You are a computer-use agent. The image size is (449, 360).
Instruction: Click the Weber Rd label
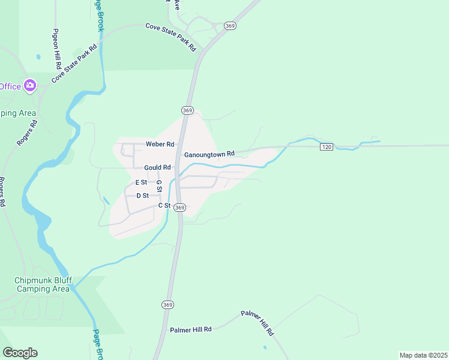(x=160, y=145)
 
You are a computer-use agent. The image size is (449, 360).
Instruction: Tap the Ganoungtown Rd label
(x=209, y=154)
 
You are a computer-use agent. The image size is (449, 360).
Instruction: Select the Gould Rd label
(x=157, y=167)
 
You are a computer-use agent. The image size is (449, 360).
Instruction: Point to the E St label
(x=141, y=182)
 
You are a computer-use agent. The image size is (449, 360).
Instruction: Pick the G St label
(x=159, y=186)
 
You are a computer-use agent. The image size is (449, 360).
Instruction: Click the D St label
(x=142, y=196)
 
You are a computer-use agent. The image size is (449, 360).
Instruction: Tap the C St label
(x=164, y=206)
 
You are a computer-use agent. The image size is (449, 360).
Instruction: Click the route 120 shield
(x=326, y=147)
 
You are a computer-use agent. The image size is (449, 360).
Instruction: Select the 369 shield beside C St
(x=180, y=207)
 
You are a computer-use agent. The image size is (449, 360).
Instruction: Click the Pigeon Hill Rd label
(x=56, y=48)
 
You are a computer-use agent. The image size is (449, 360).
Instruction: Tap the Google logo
(x=20, y=353)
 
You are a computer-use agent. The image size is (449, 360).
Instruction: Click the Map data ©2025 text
(x=423, y=355)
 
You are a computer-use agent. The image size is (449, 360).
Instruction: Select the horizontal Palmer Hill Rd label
(x=191, y=329)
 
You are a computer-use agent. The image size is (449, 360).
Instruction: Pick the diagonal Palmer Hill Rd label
(x=258, y=323)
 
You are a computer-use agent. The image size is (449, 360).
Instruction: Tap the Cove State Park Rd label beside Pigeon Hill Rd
(x=74, y=64)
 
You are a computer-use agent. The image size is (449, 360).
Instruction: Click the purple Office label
(x=9, y=86)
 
